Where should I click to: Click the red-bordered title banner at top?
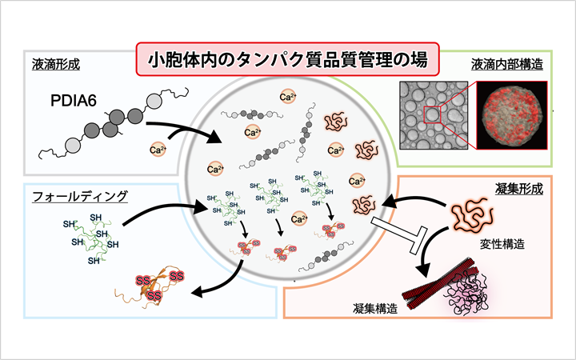pyautogui.click(x=287, y=58)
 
